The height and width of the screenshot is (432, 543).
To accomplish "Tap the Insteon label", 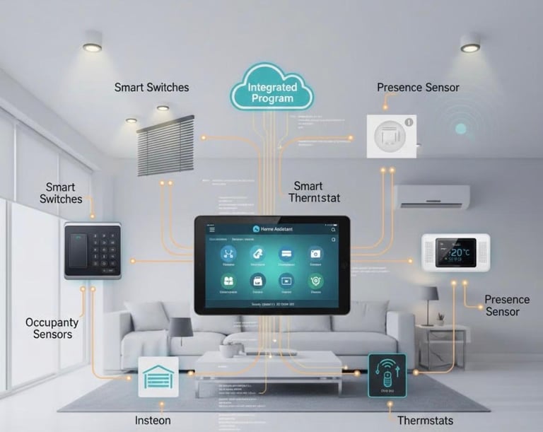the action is (153, 421).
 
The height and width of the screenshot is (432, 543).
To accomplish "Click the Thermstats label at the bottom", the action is (425, 421).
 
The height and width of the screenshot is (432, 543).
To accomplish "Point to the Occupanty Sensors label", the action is (52, 328).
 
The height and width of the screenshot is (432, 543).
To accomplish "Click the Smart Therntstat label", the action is (315, 192).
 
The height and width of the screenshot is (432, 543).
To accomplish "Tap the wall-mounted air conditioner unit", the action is (431, 197).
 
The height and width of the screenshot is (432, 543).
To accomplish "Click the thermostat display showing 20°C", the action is (455, 252).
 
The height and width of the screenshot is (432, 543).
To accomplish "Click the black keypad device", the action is (93, 250).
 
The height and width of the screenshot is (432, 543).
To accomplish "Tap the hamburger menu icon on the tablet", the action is (211, 229).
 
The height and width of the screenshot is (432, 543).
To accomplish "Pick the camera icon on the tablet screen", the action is (315, 254).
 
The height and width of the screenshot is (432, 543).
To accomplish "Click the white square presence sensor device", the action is (391, 136).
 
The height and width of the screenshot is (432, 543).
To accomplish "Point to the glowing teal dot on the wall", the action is (461, 129).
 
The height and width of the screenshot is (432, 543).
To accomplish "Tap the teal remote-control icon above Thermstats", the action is (387, 373).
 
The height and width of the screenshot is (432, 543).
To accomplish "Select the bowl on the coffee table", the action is (229, 350).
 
